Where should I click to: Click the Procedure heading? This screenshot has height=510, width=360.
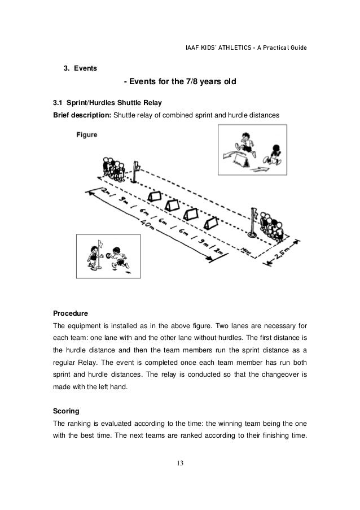pyautogui.click(x=71, y=312)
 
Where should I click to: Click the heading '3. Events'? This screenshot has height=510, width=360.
pyautogui.click(x=79, y=69)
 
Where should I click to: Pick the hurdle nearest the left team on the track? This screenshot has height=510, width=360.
pyautogui.click(x=154, y=195)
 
